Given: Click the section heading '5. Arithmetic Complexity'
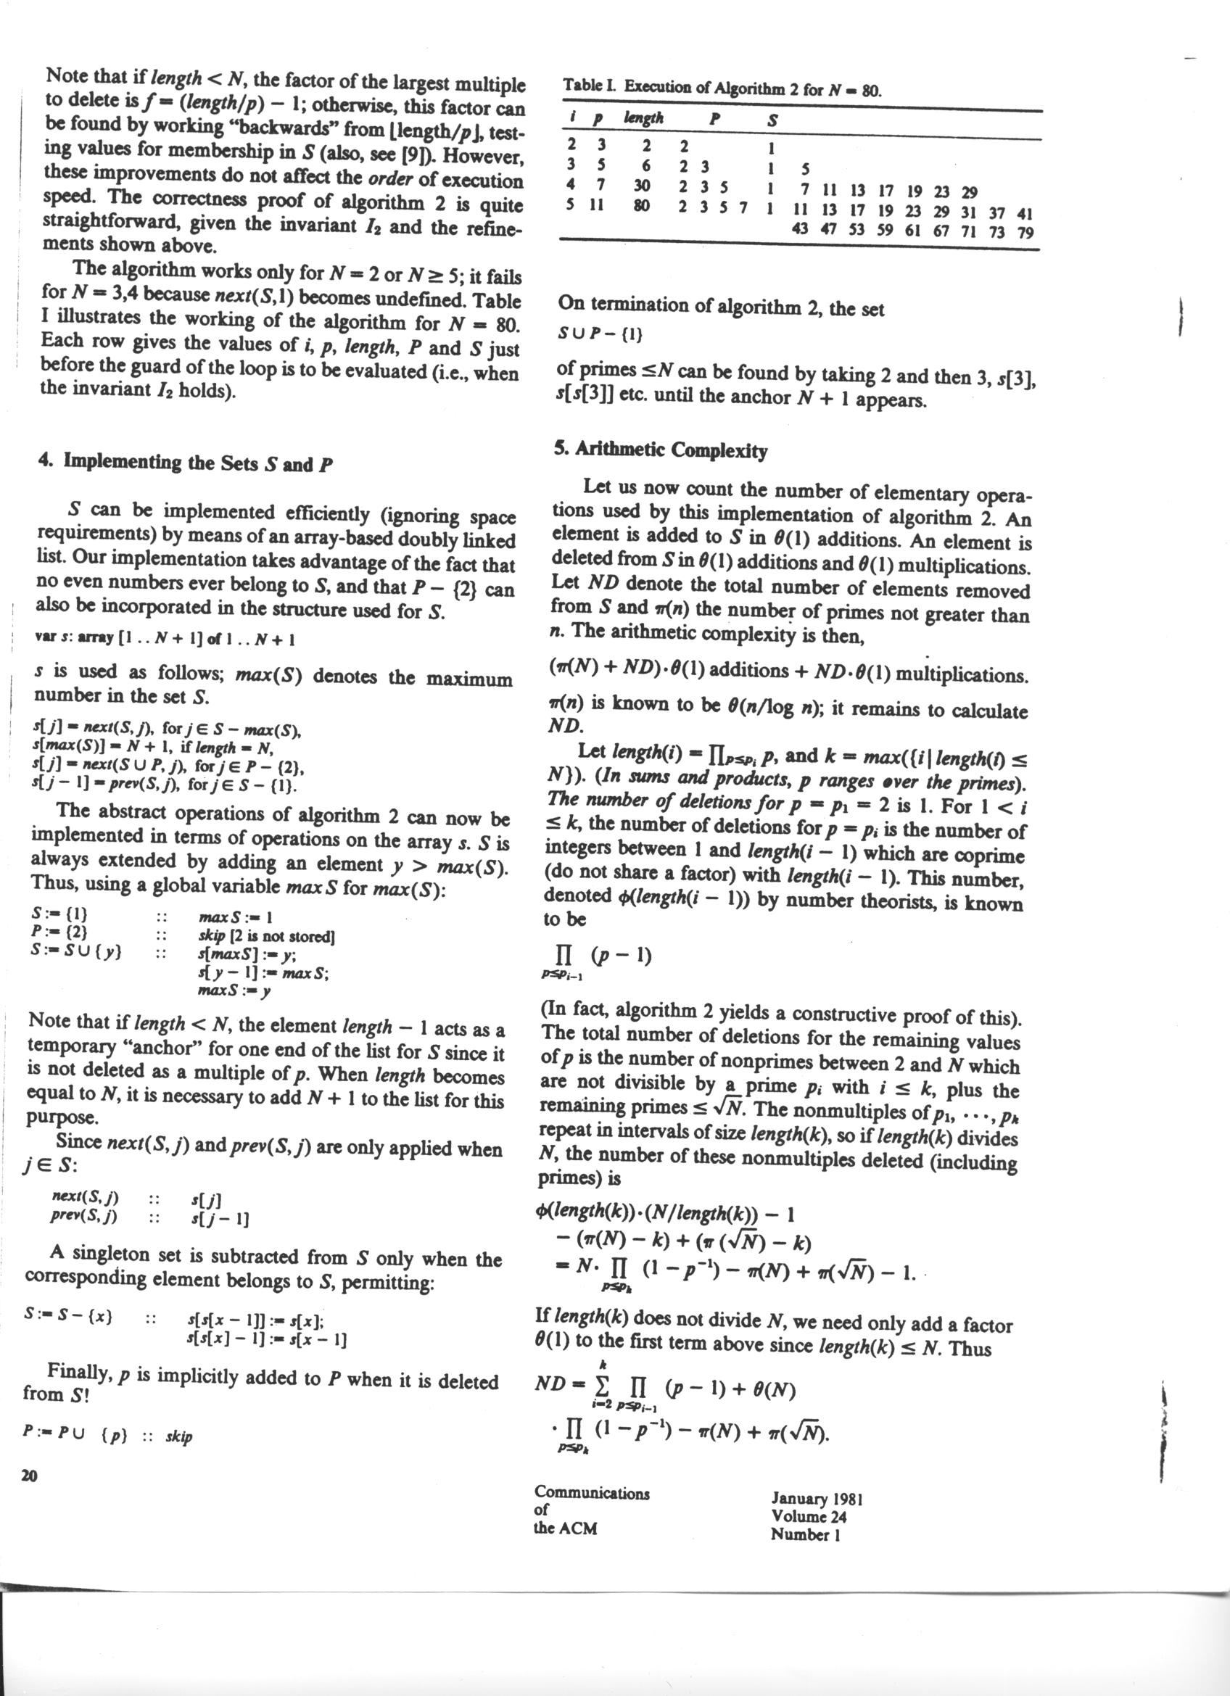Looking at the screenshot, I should coord(660,450).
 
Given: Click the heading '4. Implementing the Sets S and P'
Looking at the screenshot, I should coord(186,463).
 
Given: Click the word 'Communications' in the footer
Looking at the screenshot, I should coord(592,1494).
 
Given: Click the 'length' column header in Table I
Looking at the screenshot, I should coord(643,118).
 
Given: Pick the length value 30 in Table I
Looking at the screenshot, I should coord(642,185).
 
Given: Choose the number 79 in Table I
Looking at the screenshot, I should coord(1025,232).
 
